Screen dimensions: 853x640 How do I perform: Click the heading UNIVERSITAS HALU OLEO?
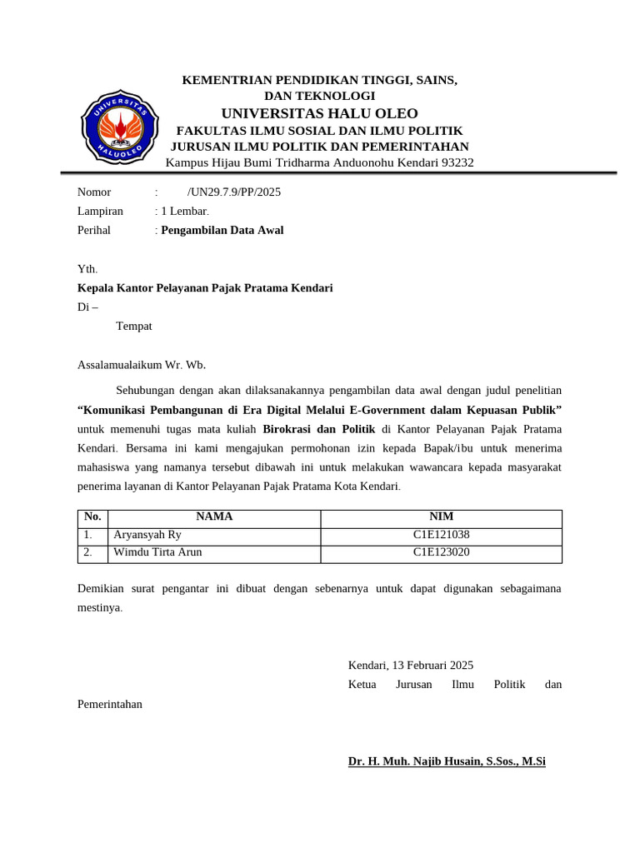tap(320, 113)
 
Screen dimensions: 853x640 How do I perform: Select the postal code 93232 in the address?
tap(457, 162)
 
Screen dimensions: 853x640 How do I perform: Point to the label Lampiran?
tap(100, 212)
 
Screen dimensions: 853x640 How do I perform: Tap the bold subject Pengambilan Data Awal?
tap(222, 231)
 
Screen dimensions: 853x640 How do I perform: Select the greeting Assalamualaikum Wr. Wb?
tap(141, 365)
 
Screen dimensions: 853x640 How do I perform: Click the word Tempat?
tap(134, 327)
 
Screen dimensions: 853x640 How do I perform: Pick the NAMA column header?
tap(214, 517)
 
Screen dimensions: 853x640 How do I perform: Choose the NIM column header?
tap(441, 517)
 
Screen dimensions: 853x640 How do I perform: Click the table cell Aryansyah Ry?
tap(147, 536)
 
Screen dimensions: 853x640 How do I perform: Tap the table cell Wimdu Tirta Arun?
tap(157, 552)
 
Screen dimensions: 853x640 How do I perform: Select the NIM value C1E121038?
tap(441, 536)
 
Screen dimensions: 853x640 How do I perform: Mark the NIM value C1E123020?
tap(441, 552)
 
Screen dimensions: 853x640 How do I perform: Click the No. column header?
tap(92, 517)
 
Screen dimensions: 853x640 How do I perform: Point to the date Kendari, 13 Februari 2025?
tap(410, 666)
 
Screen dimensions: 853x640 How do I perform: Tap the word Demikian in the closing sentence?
tap(100, 589)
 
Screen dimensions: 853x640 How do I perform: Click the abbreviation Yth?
tap(87, 269)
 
